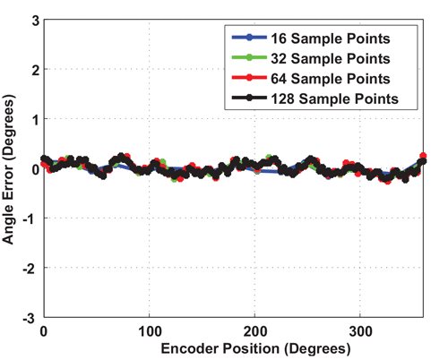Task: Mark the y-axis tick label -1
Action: pyautogui.click(x=30, y=219)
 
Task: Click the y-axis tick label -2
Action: pyautogui.click(x=30, y=268)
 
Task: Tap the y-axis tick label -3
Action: pyautogui.click(x=30, y=318)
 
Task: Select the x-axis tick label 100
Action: pyautogui.click(x=149, y=330)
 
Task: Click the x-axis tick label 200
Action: pyautogui.click(x=254, y=330)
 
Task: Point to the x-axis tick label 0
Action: pyautogui.click(x=43, y=330)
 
